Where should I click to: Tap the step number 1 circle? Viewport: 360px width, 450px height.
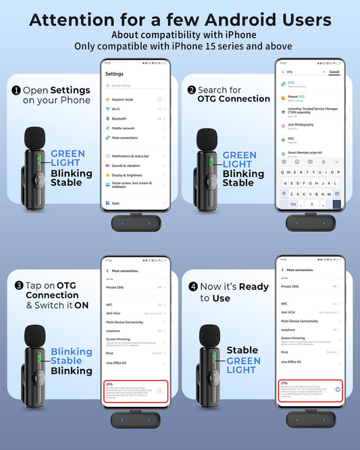click(15, 90)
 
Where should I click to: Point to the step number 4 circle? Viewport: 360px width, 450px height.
click(192, 286)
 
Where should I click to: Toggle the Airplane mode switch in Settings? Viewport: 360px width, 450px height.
click(160, 99)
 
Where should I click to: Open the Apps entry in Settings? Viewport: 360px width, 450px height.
click(115, 203)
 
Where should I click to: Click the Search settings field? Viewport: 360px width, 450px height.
click(135, 86)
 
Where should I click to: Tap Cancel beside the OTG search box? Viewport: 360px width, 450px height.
click(334, 72)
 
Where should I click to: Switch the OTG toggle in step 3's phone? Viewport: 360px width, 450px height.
click(160, 390)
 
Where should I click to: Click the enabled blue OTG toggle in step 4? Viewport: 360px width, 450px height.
click(337, 389)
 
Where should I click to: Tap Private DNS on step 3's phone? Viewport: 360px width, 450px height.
click(116, 287)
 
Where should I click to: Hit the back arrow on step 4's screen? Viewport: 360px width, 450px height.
click(282, 270)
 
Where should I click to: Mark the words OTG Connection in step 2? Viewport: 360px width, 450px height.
click(234, 99)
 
